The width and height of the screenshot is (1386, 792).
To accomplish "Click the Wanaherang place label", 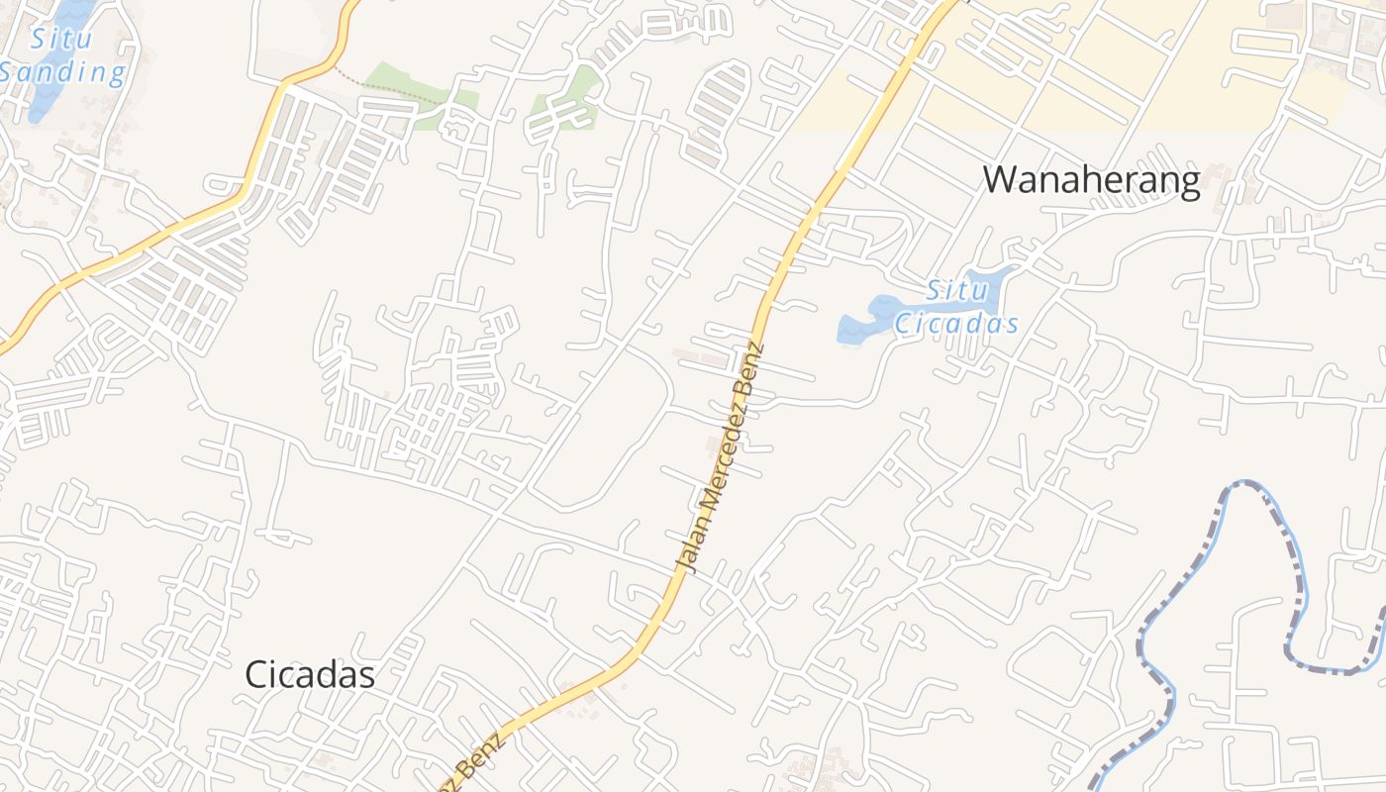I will pyautogui.click(x=1091, y=180).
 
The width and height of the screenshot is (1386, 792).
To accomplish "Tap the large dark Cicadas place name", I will pyautogui.click(x=310, y=675).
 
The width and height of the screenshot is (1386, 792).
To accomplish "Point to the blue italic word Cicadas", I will pyautogui.click(x=956, y=324).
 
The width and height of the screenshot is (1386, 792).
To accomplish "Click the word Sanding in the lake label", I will pyautogui.click(x=65, y=72).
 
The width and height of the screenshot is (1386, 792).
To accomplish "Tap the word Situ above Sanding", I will pyautogui.click(x=61, y=40).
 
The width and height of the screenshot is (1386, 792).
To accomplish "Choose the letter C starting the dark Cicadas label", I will pyautogui.click(x=256, y=675).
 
